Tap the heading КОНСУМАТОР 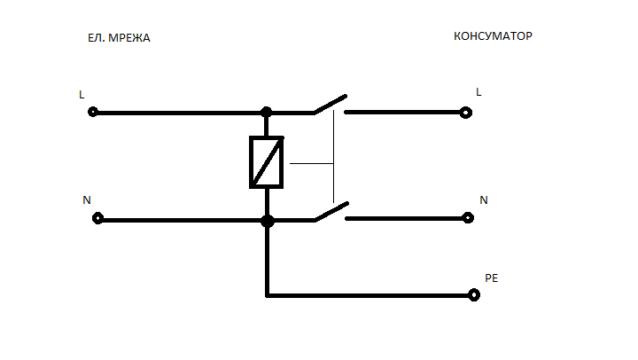[x=493, y=37]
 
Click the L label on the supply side [x=82, y=92]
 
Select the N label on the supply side [x=86, y=200]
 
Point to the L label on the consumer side [x=479, y=92]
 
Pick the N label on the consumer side [x=483, y=200]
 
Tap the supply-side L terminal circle [x=93, y=113]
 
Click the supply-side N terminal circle [x=97, y=218]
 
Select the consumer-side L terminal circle [x=464, y=113]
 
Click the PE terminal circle [x=474, y=295]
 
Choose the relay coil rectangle [x=266, y=162]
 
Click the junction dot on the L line [x=266, y=113]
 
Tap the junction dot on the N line [x=267, y=219]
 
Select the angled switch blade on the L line [x=329, y=104]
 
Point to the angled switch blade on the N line [x=330, y=210]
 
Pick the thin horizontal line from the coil [x=311, y=164]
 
